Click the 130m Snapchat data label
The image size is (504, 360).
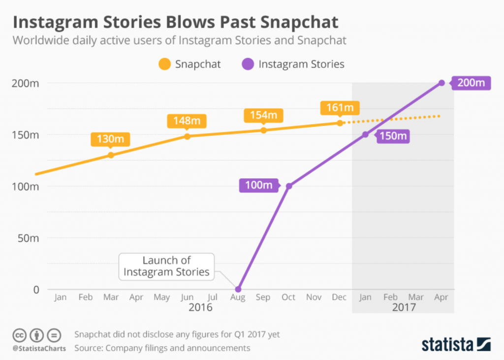click(110, 139)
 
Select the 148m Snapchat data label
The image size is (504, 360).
click(186, 121)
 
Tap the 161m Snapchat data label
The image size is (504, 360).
click(340, 107)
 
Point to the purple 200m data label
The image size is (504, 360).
click(471, 83)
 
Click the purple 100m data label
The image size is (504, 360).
click(259, 186)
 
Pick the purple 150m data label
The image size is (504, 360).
click(394, 135)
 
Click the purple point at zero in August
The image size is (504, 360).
click(238, 289)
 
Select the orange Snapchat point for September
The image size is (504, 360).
click(263, 130)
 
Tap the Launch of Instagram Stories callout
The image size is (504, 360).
click(166, 266)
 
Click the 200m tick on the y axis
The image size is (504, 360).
click(26, 83)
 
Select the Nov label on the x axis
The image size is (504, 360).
click(314, 297)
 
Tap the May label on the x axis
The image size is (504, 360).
click(161, 297)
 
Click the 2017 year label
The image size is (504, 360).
click(404, 307)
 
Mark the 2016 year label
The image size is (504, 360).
click(200, 307)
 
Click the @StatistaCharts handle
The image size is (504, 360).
click(37, 348)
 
